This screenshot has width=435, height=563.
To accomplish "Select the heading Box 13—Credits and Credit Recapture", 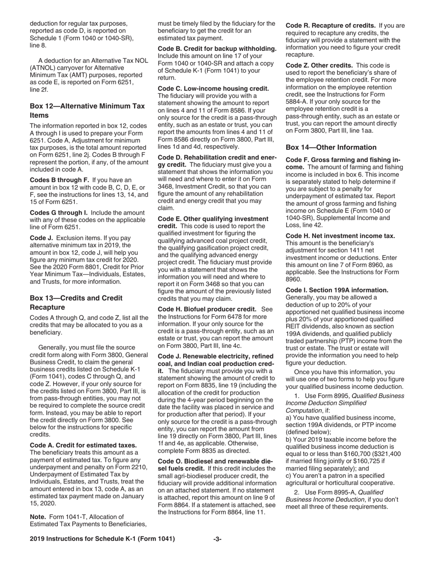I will click(76, 303).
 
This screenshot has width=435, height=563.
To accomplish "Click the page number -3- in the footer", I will click(217, 539).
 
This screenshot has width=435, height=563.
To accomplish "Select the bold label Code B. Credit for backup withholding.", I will click(217, 49).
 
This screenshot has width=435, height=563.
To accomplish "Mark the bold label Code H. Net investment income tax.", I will click(340, 236).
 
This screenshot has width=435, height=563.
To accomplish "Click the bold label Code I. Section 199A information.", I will click(337, 290).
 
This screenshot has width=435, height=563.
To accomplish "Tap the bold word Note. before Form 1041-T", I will click(38, 517).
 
